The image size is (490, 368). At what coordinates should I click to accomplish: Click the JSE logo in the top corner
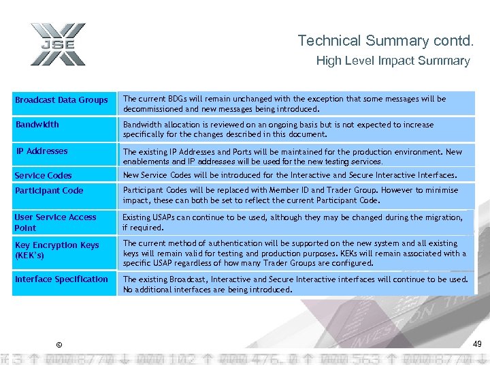[x=58, y=44]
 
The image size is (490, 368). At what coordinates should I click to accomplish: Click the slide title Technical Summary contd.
[x=385, y=41]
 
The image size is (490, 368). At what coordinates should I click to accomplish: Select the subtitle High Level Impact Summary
[x=393, y=61]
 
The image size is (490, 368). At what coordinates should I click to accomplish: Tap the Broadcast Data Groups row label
[x=62, y=100]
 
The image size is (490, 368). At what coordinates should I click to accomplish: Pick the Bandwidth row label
[x=37, y=125]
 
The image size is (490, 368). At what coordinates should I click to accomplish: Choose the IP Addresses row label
[x=42, y=151]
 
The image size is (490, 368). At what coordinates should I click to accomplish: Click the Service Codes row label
[x=44, y=176]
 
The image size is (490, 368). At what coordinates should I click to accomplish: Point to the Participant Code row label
[x=49, y=191]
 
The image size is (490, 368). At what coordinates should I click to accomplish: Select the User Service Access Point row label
[x=56, y=222]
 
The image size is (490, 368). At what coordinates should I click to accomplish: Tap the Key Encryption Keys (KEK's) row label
[x=57, y=250]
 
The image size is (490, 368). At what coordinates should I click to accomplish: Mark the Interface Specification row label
[x=62, y=279]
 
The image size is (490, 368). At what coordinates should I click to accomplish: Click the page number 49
[x=477, y=344]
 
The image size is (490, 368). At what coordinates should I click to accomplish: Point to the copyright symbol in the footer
[x=59, y=346]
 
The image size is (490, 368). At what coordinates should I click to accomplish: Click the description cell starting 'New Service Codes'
[x=289, y=175]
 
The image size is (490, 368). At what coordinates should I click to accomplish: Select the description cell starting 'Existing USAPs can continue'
[x=293, y=222]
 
